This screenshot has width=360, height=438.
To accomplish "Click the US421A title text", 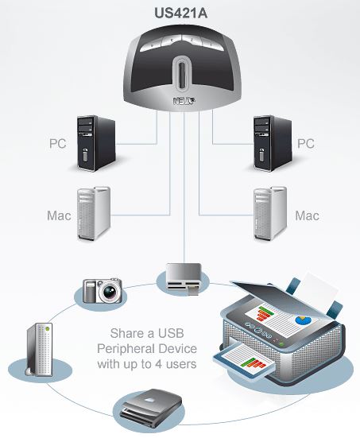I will [x=180, y=13].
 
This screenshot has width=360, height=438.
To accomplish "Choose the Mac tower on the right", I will [x=267, y=214].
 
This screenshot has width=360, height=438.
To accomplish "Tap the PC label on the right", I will [x=305, y=144].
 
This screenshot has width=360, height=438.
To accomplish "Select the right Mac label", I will [x=307, y=215].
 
